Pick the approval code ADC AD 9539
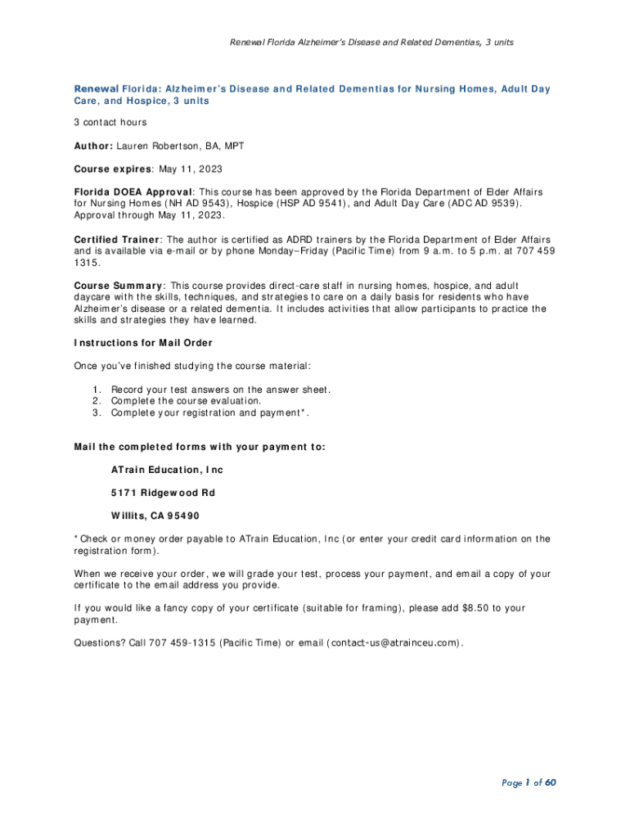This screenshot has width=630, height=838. coord(478,203)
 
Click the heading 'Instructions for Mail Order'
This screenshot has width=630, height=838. coord(143,342)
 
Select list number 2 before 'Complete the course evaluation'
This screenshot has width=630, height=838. coord(97,401)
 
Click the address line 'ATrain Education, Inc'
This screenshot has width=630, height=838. coord(167,471)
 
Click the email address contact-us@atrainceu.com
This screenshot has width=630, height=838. coord(395,642)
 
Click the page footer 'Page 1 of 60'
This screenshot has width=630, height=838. coord(529,783)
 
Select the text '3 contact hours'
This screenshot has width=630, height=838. coord(110,122)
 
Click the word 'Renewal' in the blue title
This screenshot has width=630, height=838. coord(97,88)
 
